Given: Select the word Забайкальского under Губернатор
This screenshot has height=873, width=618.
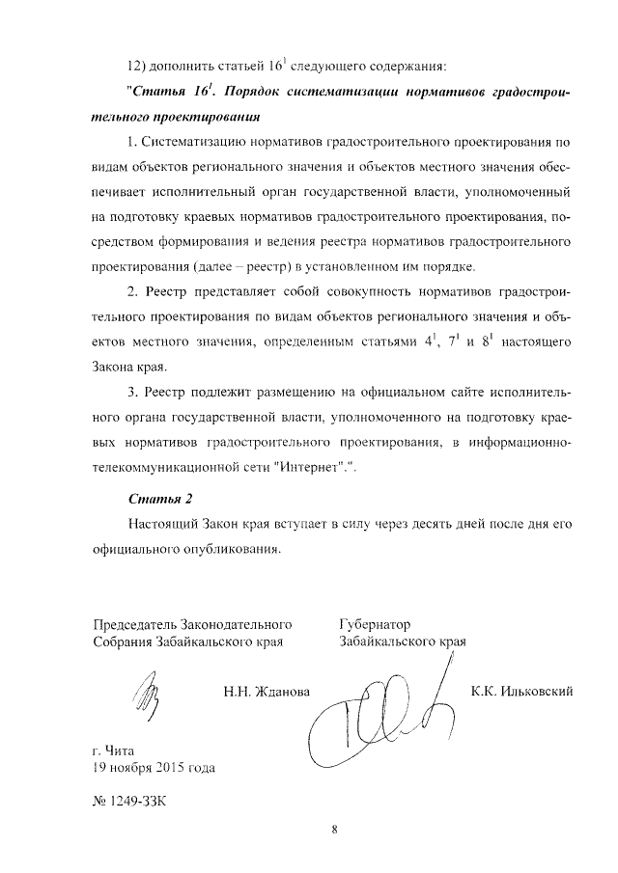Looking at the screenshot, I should pos(388,641).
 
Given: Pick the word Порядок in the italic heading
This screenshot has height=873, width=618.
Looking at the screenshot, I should pos(240,95).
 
